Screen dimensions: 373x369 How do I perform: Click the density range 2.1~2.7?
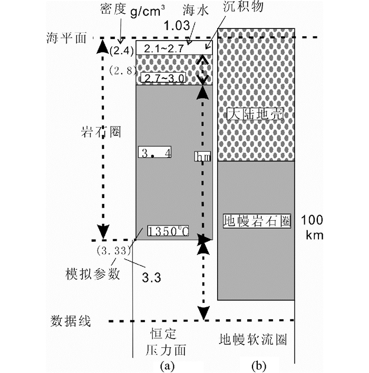[x=169, y=48]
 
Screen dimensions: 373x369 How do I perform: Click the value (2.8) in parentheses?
[x=122, y=70]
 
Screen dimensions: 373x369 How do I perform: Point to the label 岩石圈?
[x=102, y=132]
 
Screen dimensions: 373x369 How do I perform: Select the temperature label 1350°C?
[x=167, y=231]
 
